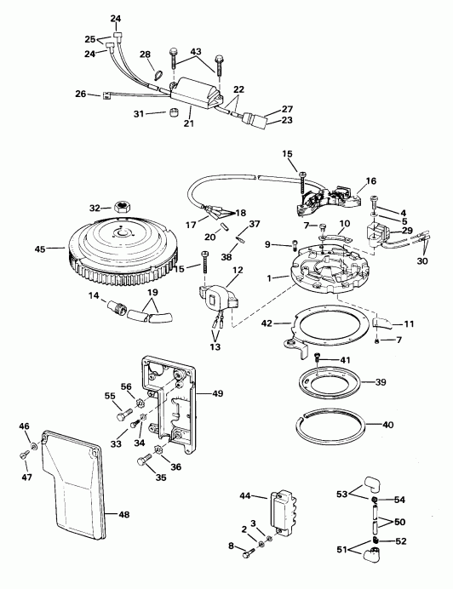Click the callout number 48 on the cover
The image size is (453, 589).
pos(123,514)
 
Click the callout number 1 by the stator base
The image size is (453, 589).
pos(271,277)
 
